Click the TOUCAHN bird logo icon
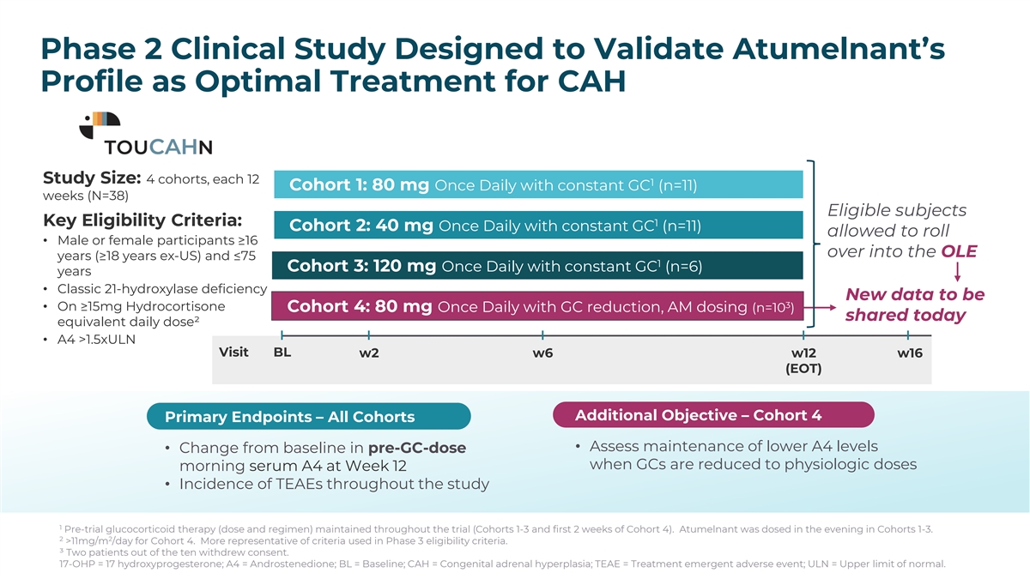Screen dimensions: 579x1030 point(100,125)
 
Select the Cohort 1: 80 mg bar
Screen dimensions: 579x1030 point(538,185)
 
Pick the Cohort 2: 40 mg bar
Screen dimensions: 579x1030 point(538,226)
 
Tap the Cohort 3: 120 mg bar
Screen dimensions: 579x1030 point(538,266)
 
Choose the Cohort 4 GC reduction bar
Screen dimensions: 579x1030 point(538,306)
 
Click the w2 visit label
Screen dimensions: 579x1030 point(369,353)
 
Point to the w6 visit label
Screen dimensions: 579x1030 point(542,353)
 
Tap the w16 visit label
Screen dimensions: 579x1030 point(909,353)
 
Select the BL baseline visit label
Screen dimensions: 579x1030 point(282,353)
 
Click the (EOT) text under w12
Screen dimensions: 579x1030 point(803,370)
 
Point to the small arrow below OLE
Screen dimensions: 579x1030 point(957,273)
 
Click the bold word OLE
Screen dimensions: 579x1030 point(959,252)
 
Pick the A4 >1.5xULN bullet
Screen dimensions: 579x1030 point(94,339)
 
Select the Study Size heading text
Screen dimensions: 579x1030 point(92,178)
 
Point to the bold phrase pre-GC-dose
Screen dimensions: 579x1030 point(416,448)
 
